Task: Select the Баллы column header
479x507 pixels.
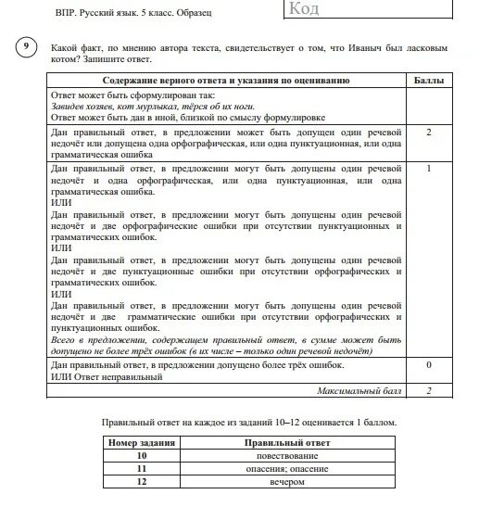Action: point(428,81)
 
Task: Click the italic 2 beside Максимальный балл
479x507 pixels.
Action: point(428,391)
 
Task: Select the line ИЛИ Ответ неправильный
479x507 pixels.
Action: point(107,377)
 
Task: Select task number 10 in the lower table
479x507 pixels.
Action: point(143,456)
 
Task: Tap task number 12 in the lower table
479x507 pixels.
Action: point(143,482)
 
